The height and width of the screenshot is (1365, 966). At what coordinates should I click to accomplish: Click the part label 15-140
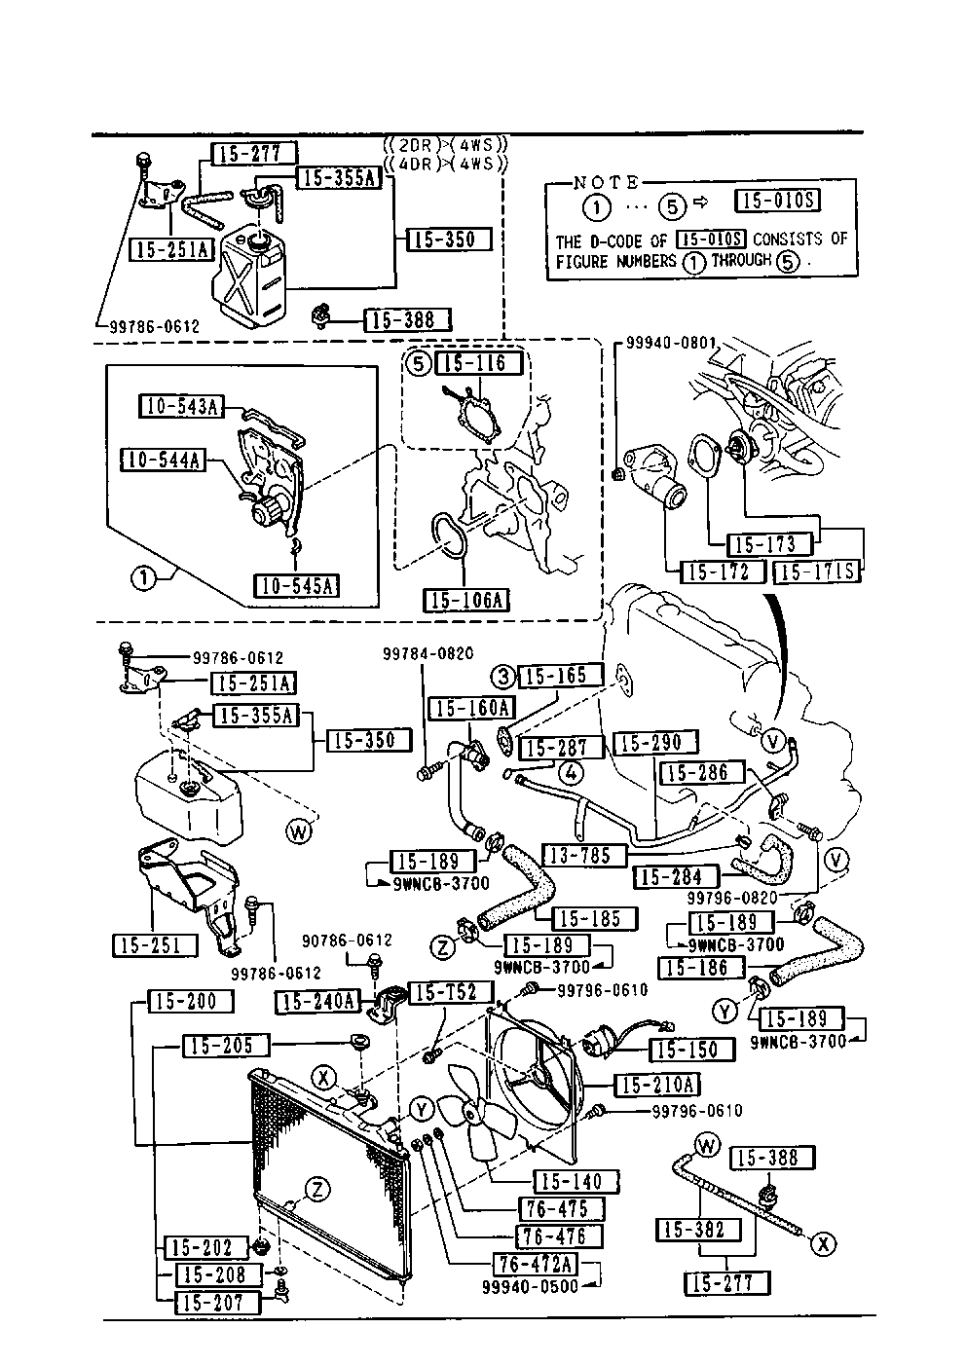coord(571,1182)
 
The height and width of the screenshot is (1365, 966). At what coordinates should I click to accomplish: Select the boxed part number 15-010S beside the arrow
coord(777,202)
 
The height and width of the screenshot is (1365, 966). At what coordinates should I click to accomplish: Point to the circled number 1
coord(143,578)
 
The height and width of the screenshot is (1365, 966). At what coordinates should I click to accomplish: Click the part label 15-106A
coord(466,599)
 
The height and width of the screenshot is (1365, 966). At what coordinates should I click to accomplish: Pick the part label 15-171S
coord(817,572)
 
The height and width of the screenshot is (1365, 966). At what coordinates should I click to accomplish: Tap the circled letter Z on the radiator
coord(316,1189)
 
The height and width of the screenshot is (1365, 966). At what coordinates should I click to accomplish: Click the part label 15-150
coord(683,1050)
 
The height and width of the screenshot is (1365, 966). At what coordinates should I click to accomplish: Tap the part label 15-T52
coord(443,993)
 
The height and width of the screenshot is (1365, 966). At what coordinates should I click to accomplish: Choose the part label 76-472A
coord(535,1264)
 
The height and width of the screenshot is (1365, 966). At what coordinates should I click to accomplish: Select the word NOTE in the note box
coord(606,182)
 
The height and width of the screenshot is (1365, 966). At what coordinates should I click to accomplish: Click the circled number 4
coord(571,775)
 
